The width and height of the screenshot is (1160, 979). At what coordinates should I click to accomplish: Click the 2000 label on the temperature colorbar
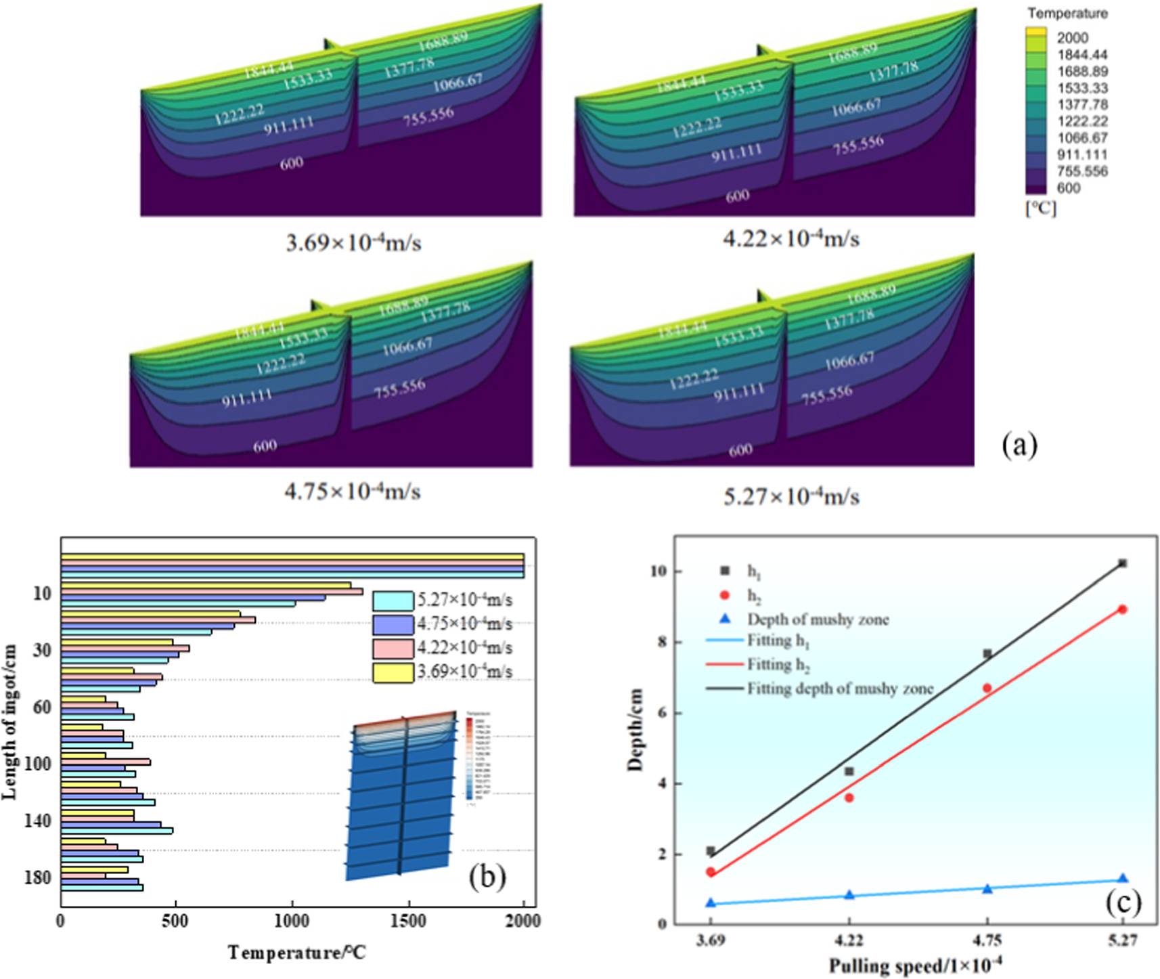pos(1073,38)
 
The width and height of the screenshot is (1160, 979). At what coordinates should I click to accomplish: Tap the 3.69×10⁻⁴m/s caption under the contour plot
pos(353,242)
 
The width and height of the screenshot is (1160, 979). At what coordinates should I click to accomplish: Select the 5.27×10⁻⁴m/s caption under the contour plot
pos(791,496)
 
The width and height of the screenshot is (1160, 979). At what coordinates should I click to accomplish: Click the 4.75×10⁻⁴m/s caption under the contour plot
pos(352,491)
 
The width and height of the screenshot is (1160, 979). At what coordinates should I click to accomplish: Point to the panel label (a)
pos(1019,445)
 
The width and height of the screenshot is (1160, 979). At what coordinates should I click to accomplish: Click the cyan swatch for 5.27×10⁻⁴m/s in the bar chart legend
pos(393,601)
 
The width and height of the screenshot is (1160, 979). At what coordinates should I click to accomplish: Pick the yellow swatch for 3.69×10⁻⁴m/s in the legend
pos(393,672)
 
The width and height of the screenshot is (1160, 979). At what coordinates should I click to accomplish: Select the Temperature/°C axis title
pos(296,953)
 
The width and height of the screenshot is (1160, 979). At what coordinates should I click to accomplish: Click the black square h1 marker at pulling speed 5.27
pos(1122,563)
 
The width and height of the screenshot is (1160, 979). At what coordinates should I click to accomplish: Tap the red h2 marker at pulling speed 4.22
pos(849,798)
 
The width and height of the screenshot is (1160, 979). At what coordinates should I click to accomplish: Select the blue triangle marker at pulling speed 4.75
pos(987,888)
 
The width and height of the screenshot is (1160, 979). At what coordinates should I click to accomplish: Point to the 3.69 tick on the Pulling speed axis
pos(711,940)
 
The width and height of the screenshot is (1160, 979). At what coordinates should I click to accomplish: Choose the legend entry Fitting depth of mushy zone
pos(839,689)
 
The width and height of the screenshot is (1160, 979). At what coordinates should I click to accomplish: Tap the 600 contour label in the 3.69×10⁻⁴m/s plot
pos(292,162)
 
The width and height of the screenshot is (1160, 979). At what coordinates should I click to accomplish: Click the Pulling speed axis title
pos(915,965)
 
